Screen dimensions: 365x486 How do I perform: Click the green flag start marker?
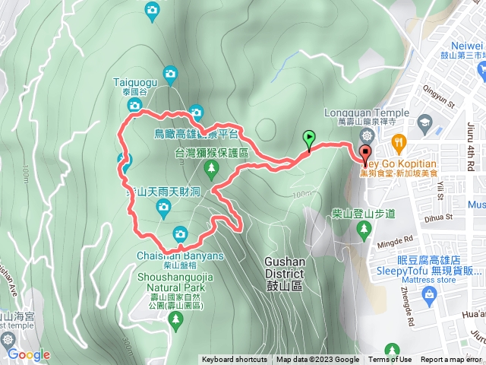309,139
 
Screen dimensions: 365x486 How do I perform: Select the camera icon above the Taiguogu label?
172,74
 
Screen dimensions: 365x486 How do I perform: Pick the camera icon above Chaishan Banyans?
180,233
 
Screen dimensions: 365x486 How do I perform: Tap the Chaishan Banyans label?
181,255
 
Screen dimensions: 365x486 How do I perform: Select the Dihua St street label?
428,217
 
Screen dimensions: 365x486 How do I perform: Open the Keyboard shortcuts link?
234,360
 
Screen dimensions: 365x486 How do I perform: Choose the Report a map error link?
451,360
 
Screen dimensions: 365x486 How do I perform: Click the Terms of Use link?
390,360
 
